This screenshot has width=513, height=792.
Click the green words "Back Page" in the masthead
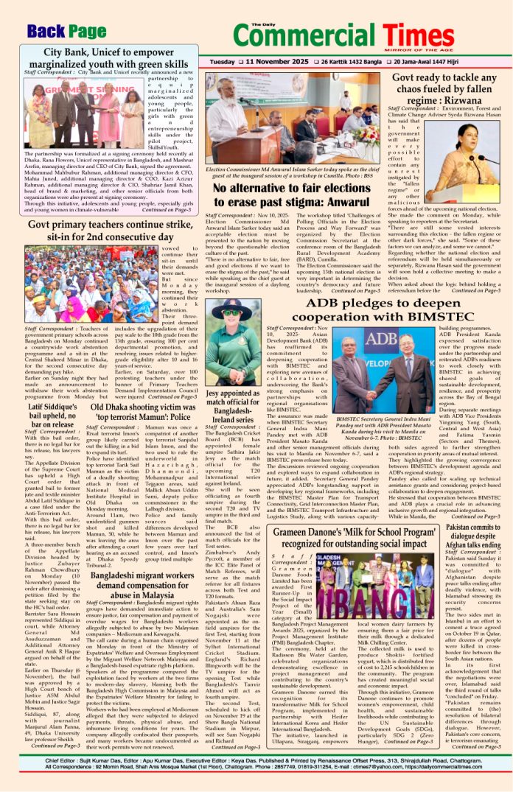point(67,31)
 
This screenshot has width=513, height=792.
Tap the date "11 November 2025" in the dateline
point(271,62)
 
